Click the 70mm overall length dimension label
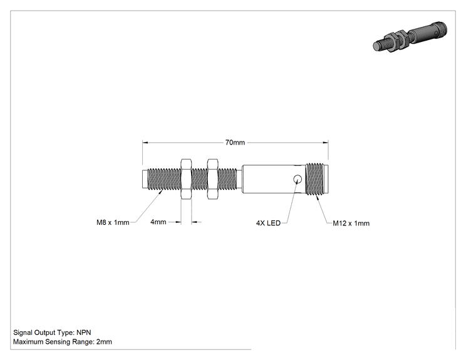pos(235,143)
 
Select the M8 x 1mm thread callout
pos(113,222)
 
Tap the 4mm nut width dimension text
pos(158,222)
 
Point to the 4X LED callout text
pos(268,223)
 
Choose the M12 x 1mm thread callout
pos(351,223)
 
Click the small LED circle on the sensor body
pos(297,179)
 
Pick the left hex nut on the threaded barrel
pos(186,179)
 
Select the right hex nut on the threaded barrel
pos(213,179)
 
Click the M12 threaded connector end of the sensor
pos(317,179)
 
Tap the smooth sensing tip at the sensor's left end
pos(145,179)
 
